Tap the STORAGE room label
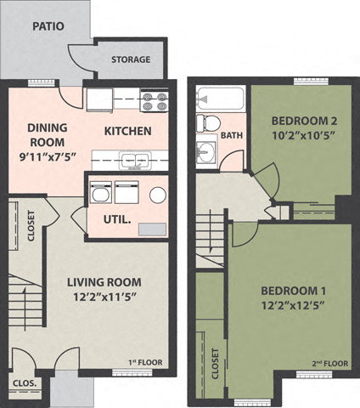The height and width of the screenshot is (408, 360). pyautogui.click(x=131, y=59)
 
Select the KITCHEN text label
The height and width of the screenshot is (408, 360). pyautogui.click(x=127, y=131)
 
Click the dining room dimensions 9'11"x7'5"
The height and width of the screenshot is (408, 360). pyautogui.click(x=47, y=156)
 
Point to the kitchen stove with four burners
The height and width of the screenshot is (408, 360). pyautogui.click(x=155, y=102)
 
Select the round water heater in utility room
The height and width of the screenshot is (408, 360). pyautogui.click(x=158, y=195)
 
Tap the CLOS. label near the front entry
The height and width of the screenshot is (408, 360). pyautogui.click(x=25, y=383)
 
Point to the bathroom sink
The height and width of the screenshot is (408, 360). pyautogui.click(x=205, y=153)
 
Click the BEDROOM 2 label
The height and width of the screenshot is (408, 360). pyautogui.click(x=301, y=118)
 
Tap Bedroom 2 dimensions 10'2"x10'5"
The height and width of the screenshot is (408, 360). pyautogui.click(x=301, y=133)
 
